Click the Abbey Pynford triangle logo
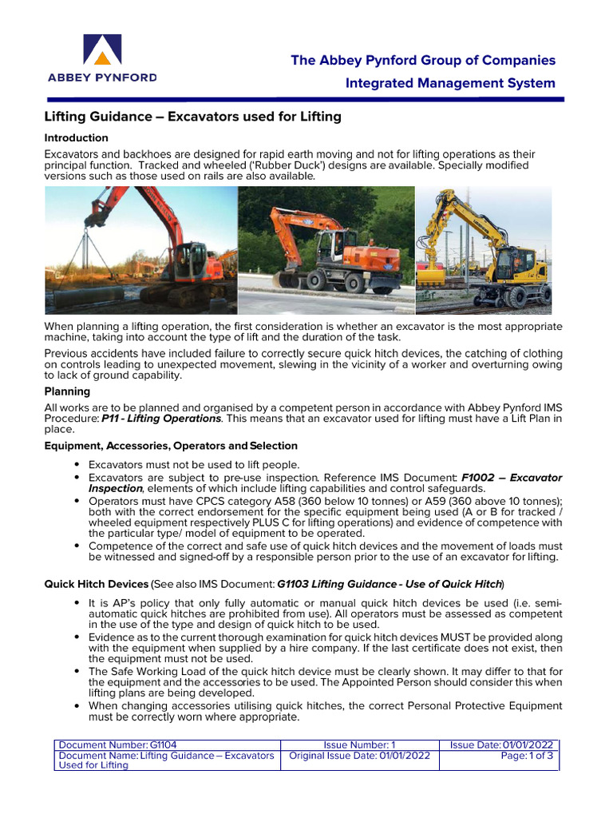(x=101, y=50)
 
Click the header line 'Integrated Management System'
(x=450, y=83)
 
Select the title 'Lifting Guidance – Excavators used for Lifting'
(x=192, y=117)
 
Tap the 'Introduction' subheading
(x=76, y=137)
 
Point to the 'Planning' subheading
(x=67, y=391)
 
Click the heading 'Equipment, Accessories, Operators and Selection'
(x=171, y=446)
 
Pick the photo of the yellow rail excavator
(x=484, y=250)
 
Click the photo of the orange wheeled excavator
(x=326, y=250)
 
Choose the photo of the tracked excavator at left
(x=140, y=250)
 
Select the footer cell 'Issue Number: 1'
(x=360, y=745)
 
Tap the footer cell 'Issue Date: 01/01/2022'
(x=501, y=745)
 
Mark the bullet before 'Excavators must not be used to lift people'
(x=76, y=464)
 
